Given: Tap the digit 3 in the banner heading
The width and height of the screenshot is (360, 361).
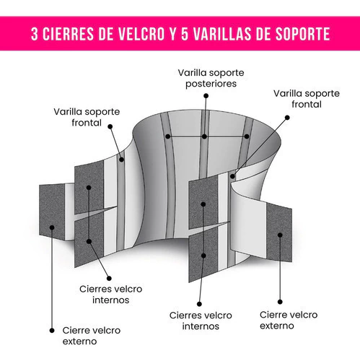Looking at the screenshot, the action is pos(35,34).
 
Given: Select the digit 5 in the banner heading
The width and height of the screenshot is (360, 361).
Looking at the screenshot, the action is pos(185,34).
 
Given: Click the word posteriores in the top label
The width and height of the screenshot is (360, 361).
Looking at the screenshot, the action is pos(211,84).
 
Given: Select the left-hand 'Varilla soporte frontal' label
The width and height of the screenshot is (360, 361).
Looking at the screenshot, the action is pos(87,117).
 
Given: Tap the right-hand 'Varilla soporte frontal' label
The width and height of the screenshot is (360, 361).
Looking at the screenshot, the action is pos(307,99).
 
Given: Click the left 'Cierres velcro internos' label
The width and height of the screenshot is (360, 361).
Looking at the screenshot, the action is pos(110,295).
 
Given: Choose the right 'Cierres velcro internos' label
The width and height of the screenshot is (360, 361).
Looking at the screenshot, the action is pos(201,321).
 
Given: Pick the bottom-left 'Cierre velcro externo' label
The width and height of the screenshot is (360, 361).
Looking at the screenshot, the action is pos(92,336).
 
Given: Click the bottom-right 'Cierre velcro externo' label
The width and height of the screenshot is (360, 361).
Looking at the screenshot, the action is pos(289,320).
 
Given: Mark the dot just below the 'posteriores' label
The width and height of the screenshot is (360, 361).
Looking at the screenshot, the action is pos(206,96).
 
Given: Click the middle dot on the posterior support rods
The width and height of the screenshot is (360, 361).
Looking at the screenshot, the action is pos(204,136).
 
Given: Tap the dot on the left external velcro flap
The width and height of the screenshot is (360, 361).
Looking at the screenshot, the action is pos(52,227).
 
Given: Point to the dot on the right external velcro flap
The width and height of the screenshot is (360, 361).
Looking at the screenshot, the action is pos(280,235).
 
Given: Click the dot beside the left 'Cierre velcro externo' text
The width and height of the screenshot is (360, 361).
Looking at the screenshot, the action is pos(52,331).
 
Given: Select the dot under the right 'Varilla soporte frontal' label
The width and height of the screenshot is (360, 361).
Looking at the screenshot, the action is pos(287,118).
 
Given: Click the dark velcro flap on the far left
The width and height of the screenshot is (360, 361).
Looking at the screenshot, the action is pos(52,212).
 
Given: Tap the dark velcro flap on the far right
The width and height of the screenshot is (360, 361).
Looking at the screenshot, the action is pos(279,232).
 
